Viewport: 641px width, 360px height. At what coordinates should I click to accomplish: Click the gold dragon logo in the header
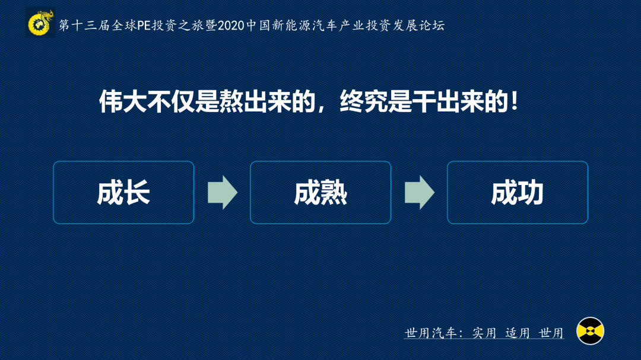[x=40, y=23]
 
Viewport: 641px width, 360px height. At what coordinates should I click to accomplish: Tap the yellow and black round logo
[x=590, y=331]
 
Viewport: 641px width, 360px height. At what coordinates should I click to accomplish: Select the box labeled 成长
[x=123, y=193]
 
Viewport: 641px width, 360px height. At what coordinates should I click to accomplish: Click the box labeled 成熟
[x=320, y=193]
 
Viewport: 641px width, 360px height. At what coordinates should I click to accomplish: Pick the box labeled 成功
[x=518, y=193]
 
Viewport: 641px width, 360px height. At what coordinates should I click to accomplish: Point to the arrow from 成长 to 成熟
[x=223, y=193]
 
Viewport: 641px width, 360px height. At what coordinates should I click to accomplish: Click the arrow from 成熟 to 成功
[x=420, y=193]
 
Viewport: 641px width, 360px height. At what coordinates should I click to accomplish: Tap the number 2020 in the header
[x=231, y=26]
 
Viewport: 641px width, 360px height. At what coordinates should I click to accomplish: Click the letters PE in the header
[x=144, y=26]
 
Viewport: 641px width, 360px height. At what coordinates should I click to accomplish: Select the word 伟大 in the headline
[x=123, y=101]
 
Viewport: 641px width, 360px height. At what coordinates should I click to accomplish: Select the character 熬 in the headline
[x=231, y=101]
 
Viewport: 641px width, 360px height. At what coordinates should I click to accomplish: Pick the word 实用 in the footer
[x=484, y=333]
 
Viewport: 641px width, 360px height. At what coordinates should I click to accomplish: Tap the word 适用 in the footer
[x=518, y=333]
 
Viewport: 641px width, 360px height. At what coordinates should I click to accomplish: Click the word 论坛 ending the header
[x=432, y=26]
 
